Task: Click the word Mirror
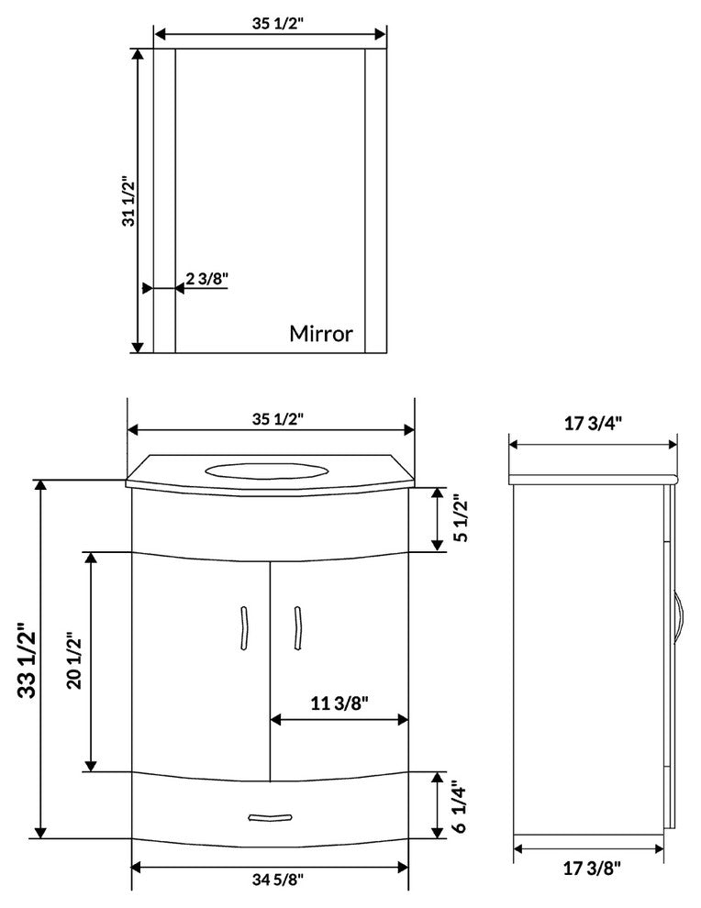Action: (320, 333)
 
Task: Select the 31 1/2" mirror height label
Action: (128, 202)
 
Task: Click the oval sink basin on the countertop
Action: (266, 472)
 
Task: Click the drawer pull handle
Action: (270, 815)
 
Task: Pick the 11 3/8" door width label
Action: (339, 703)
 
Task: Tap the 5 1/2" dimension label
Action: (462, 519)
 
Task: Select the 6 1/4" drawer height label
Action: (462, 804)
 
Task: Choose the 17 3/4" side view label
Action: (594, 423)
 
